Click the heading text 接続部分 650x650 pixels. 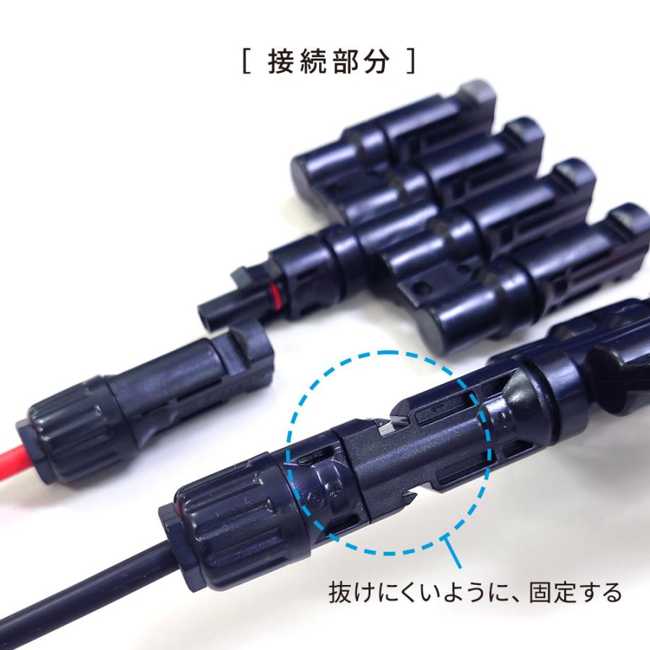(328, 61)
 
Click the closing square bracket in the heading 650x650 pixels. (411, 61)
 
